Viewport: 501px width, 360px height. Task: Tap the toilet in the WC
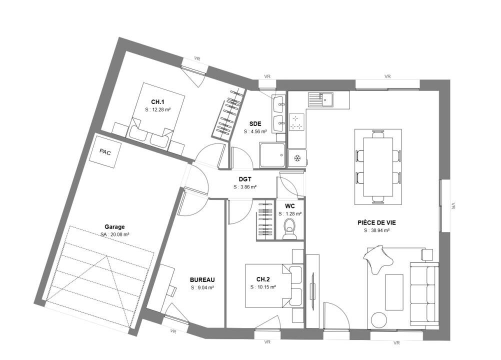coord(290,228)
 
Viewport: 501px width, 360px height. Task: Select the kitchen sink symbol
coord(320,99)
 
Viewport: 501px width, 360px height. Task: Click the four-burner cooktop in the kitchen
coord(297,122)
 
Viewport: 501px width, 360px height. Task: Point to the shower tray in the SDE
coord(272,155)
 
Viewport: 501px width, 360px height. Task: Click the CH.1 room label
coord(157,102)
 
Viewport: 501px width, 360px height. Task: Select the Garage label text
coord(114,227)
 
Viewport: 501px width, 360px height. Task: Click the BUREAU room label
coord(202,280)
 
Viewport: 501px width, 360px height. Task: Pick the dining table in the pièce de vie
coord(378,166)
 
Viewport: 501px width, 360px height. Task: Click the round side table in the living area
coord(378,319)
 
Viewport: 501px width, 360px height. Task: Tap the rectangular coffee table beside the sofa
coord(394,292)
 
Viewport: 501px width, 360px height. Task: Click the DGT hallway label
coord(244,179)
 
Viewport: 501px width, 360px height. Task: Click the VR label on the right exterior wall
coord(453,205)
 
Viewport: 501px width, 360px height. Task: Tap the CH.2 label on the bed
coord(263,279)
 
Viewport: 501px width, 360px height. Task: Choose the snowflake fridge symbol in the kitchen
coord(297,158)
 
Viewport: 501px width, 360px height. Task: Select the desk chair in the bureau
coord(171,290)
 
